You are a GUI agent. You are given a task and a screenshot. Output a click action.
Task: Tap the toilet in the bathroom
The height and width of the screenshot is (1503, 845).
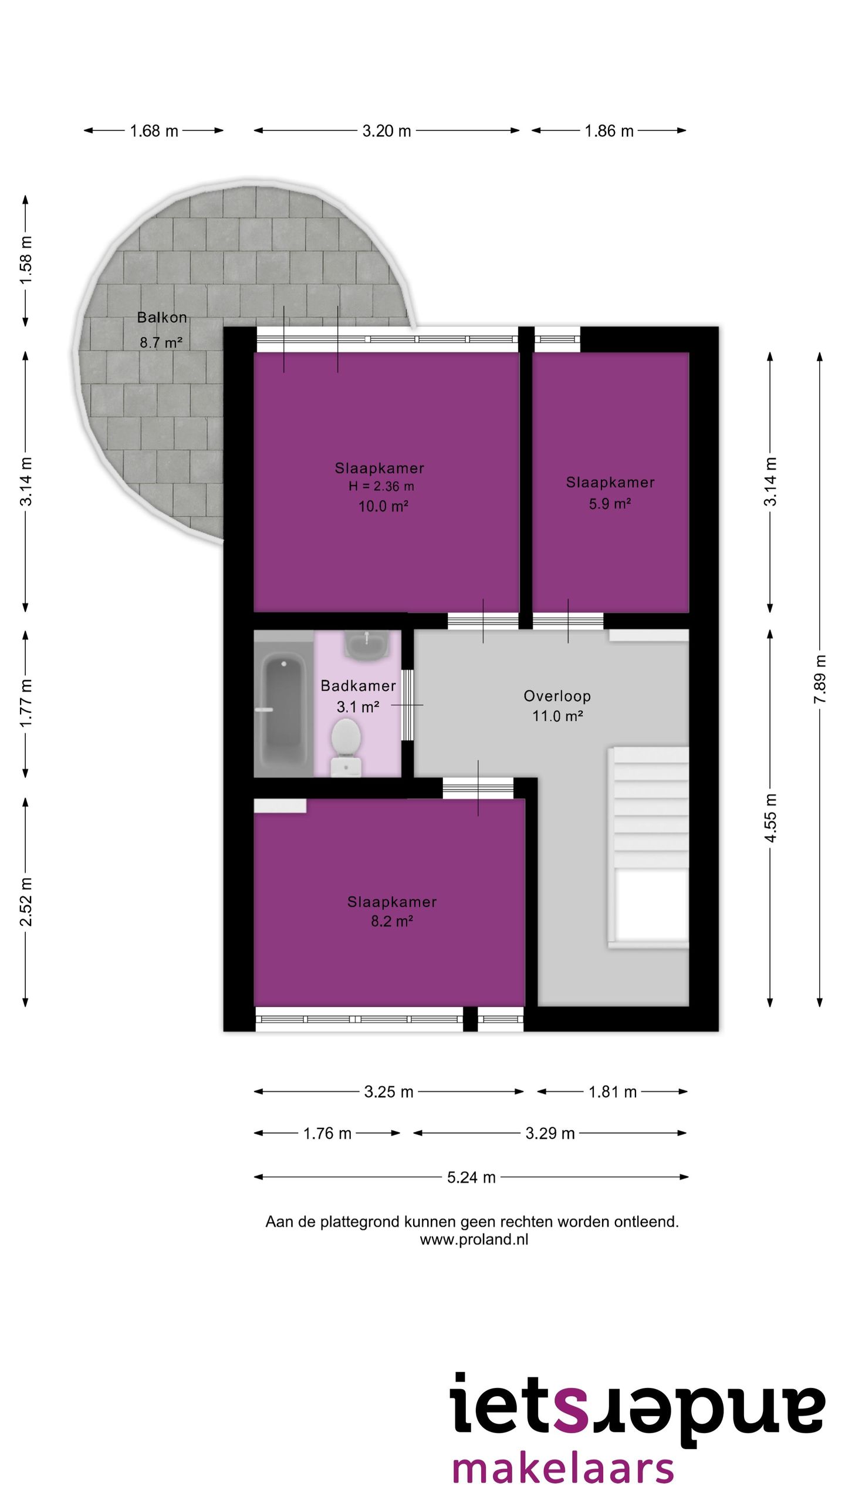tap(346, 746)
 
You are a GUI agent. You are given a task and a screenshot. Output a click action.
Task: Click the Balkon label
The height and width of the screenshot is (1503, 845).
tap(162, 318)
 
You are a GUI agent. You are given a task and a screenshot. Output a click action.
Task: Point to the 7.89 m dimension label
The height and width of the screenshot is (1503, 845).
tap(820, 679)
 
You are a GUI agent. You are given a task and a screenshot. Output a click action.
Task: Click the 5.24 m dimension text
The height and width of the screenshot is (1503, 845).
tap(471, 1177)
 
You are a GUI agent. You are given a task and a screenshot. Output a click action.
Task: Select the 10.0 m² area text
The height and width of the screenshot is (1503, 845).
tap(383, 506)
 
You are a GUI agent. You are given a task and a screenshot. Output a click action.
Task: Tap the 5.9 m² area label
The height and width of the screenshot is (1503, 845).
tap(610, 504)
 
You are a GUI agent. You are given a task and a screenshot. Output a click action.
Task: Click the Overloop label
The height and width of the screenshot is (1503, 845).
tap(557, 696)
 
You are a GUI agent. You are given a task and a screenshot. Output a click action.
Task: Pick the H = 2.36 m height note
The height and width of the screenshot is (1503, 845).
tap(381, 486)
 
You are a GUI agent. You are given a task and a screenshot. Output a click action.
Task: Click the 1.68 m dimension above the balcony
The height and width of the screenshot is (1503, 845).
tap(154, 131)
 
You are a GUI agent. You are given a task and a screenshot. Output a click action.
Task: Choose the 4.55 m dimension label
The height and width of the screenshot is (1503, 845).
tap(770, 818)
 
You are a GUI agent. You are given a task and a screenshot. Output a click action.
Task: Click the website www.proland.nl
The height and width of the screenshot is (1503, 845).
tap(474, 1239)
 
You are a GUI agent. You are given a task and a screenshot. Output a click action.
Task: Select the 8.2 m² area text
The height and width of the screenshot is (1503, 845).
tap(391, 921)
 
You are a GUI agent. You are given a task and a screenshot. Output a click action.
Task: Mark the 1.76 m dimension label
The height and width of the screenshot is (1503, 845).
tap(327, 1133)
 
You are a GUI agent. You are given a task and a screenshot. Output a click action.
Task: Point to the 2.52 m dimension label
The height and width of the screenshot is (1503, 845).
tap(26, 902)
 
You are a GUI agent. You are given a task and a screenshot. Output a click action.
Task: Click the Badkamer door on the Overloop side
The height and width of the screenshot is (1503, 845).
tap(407, 705)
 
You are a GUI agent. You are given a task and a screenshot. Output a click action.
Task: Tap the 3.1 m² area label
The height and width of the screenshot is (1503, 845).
tap(358, 707)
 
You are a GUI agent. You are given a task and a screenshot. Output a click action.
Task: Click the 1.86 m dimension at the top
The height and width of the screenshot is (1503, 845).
tap(609, 131)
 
